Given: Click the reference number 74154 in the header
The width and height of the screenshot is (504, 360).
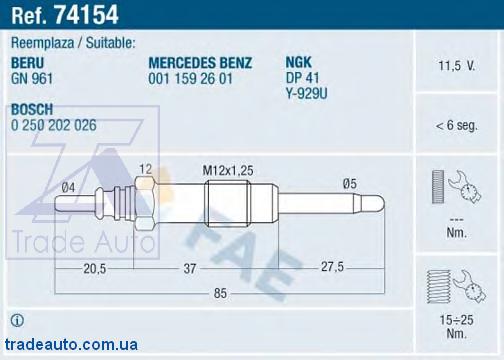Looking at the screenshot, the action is click(86, 15).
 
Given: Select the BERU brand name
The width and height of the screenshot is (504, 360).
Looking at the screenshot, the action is click(27, 63).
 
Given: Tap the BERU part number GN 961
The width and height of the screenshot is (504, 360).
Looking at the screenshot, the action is click(32, 79).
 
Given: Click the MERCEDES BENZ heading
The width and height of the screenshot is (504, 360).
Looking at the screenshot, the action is click(200, 63).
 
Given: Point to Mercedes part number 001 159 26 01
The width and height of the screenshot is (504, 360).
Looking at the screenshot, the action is click(190, 79).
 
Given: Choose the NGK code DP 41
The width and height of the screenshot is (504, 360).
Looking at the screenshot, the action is click(302, 78).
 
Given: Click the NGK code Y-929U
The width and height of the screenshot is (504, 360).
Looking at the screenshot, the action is click(307, 93).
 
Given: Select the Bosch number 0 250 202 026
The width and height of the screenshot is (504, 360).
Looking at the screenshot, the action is click(54, 125).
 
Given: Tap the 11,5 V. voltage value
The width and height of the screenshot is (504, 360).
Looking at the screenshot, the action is click(456, 66).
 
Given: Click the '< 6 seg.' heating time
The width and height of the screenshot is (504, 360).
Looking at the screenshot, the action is click(456, 125).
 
